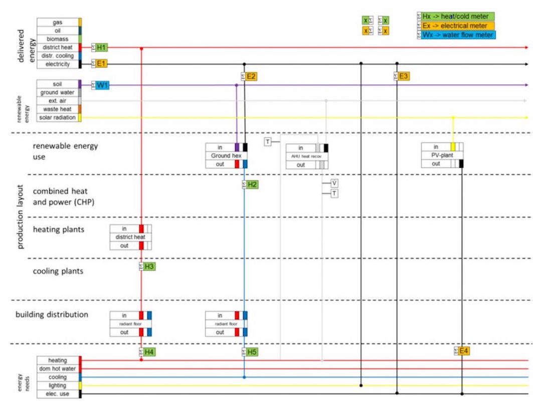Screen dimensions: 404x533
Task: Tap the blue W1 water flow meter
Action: [102, 85]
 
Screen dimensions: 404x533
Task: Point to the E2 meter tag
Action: [252, 77]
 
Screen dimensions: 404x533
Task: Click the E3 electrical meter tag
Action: [404, 77]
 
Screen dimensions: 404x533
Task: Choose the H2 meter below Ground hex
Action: [252, 184]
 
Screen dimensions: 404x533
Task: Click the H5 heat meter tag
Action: [252, 352]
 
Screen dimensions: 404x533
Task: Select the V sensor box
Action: [334, 183]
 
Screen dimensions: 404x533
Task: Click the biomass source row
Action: [58, 39]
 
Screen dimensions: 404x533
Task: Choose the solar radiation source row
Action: [58, 117]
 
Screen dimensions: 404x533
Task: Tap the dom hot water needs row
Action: [58, 369]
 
